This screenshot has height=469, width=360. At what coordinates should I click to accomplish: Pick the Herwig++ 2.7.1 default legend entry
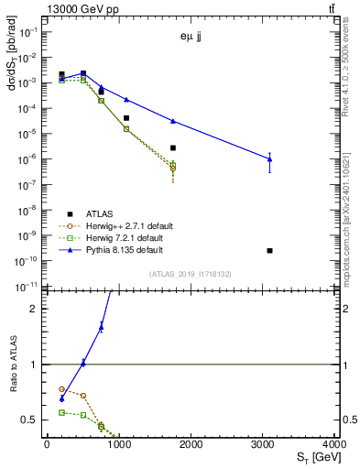(x=110, y=225)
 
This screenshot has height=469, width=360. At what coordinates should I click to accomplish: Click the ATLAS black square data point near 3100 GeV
(x=269, y=250)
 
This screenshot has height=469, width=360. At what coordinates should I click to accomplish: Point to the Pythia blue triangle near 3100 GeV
(x=269, y=159)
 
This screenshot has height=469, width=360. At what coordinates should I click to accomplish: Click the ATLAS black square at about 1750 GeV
(x=172, y=147)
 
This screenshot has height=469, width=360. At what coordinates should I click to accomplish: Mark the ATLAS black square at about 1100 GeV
(x=126, y=118)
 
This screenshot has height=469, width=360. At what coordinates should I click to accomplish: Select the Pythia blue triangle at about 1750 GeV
(x=172, y=121)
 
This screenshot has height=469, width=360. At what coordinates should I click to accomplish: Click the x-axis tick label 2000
(x=191, y=444)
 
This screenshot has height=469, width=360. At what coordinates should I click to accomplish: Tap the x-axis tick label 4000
(x=335, y=444)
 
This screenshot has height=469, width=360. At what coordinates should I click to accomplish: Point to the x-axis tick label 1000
(x=119, y=444)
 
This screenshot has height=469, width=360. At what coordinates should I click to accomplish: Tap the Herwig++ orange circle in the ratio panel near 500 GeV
(x=83, y=396)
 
